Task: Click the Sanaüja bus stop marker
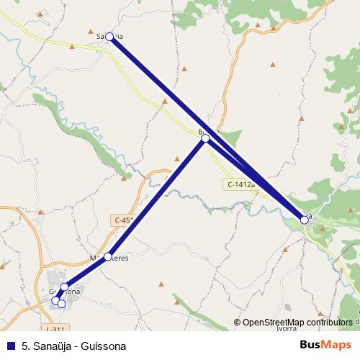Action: click(109, 36)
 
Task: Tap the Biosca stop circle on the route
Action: click(205, 138)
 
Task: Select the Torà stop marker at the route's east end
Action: click(305, 220)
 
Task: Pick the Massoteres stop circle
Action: click(108, 256)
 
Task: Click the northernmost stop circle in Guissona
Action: click(64, 287)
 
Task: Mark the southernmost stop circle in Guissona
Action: click(62, 304)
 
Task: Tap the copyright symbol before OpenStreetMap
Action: click(238, 323)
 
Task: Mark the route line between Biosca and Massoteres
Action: click(157, 197)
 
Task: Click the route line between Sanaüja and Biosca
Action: click(157, 86)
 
